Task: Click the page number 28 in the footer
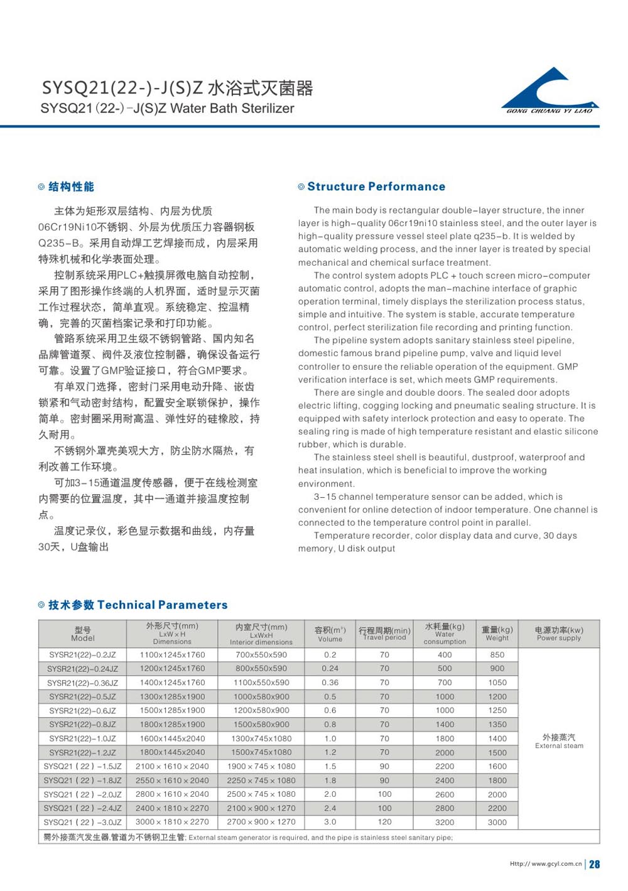(x=595, y=864)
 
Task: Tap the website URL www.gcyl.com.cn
(x=546, y=864)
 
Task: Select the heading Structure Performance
(x=376, y=186)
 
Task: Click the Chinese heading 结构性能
(x=71, y=186)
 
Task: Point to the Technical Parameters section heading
(x=138, y=605)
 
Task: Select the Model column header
(x=83, y=634)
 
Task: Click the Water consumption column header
(x=445, y=634)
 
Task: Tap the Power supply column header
(x=559, y=634)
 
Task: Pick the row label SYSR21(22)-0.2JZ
(x=83, y=654)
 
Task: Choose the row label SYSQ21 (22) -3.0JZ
(x=83, y=822)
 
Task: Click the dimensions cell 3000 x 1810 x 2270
(x=172, y=822)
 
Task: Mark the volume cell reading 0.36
(x=330, y=683)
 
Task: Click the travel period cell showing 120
(x=384, y=822)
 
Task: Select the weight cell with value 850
(x=497, y=654)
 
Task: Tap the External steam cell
(x=559, y=741)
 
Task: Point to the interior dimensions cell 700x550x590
(x=261, y=654)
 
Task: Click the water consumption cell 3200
(x=445, y=822)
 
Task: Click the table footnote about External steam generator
(x=247, y=837)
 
